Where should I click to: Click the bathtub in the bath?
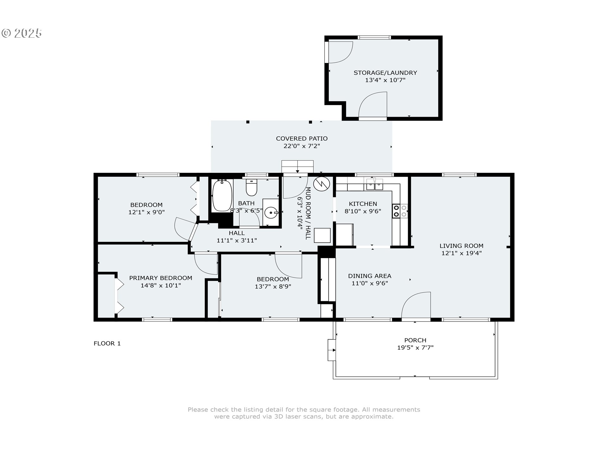(222, 195)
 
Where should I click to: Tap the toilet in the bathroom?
(251, 187)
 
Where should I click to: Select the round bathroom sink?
(271, 213)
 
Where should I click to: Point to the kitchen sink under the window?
(375, 184)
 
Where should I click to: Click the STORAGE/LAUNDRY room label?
(385, 73)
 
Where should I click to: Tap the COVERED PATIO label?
(302, 138)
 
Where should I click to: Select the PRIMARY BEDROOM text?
(161, 278)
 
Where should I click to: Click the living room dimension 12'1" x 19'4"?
(461, 253)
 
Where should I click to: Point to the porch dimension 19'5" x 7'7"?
(415, 347)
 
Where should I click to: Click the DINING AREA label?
(370, 276)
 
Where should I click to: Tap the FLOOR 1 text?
(107, 343)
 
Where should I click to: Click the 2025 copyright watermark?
(22, 33)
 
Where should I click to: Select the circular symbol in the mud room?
(322, 184)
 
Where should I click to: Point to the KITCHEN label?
(363, 204)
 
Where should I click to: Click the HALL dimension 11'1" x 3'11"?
(237, 240)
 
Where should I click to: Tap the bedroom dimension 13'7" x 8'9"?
(273, 286)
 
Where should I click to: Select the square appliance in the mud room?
(322, 235)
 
